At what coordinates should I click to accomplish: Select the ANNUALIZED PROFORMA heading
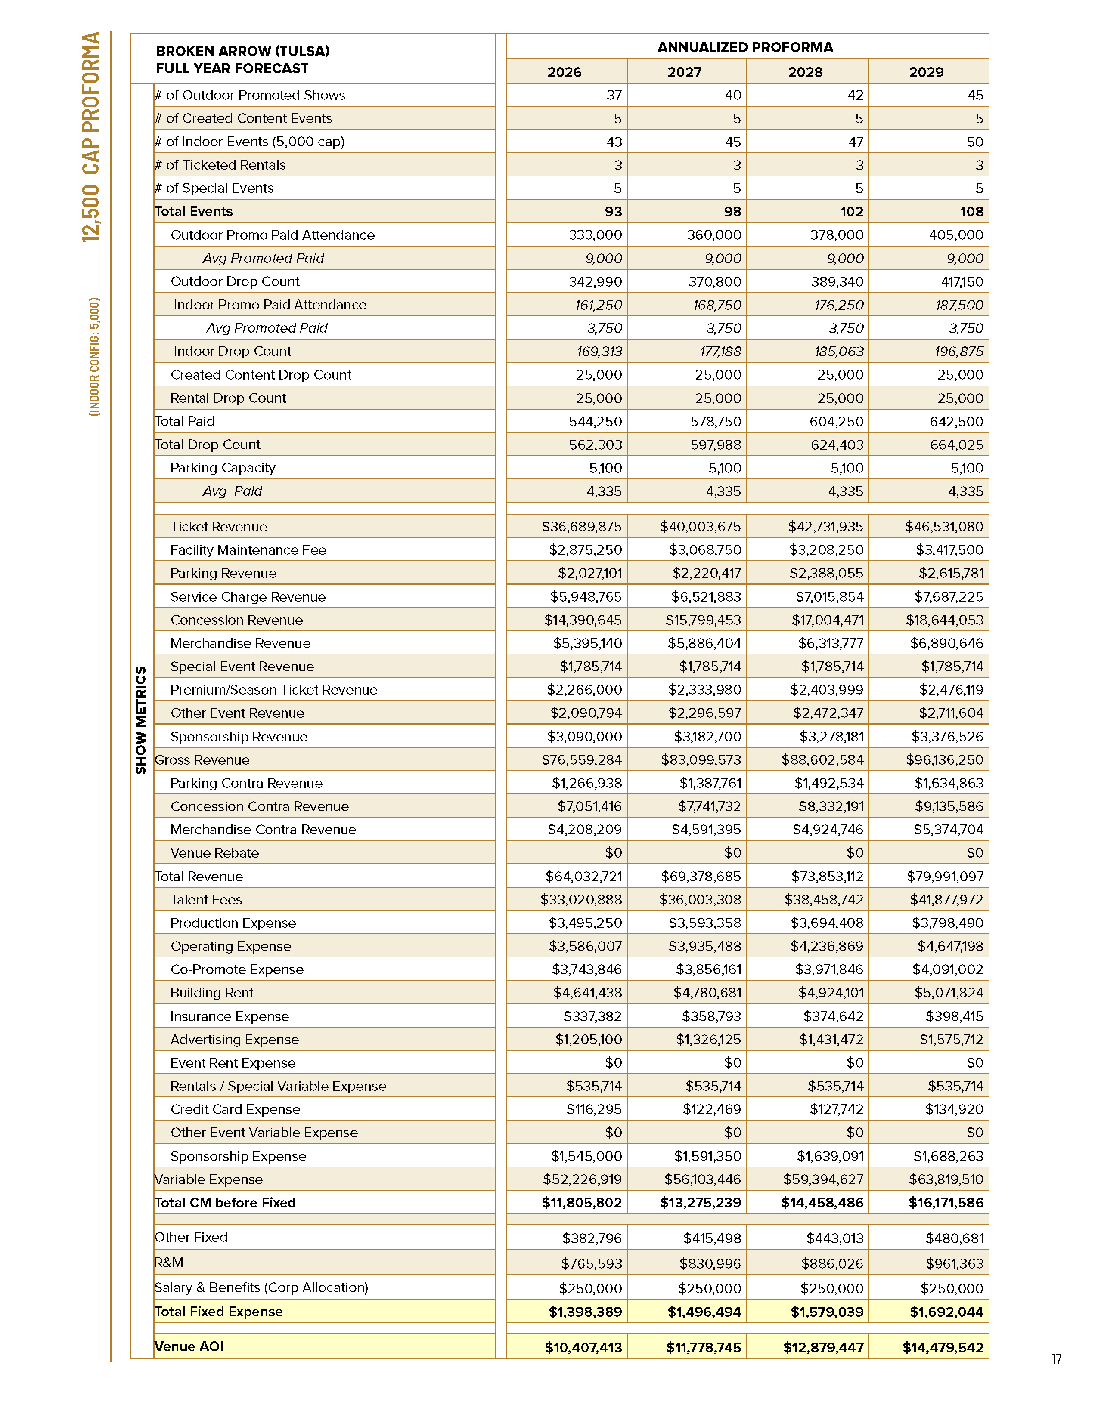coord(745,47)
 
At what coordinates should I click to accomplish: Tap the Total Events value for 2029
coord(971,211)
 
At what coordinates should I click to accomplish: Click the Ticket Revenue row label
coord(219,527)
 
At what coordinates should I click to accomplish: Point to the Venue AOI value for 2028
coord(823,1347)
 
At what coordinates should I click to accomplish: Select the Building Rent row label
coord(211,992)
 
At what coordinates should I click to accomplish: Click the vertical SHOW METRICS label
coord(140,720)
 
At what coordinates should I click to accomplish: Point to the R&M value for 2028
coord(832,1263)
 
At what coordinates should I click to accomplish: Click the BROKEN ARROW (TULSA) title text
coord(242,51)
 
